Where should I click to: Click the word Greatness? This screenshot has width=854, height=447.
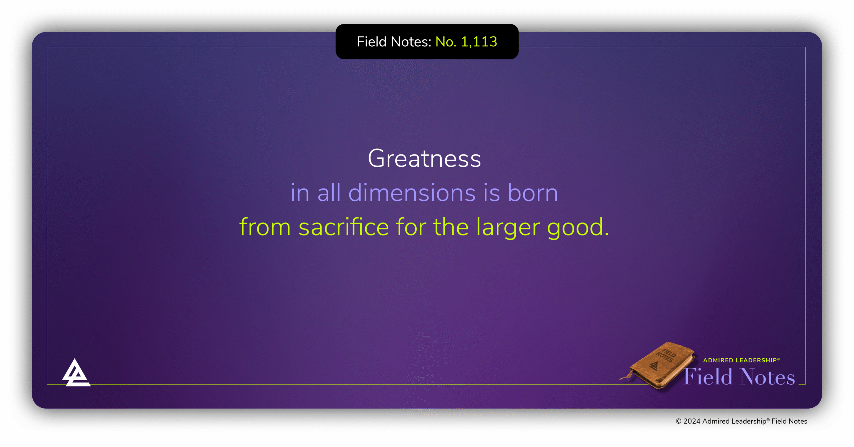pyautogui.click(x=424, y=158)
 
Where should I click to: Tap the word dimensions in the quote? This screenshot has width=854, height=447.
pyautogui.click(x=412, y=193)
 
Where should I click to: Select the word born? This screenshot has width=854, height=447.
pyautogui.click(x=533, y=193)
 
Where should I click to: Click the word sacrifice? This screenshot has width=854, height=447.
pyautogui.click(x=344, y=227)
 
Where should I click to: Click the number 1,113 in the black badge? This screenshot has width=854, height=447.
pyautogui.click(x=479, y=42)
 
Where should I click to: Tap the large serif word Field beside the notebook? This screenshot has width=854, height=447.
pyautogui.click(x=708, y=377)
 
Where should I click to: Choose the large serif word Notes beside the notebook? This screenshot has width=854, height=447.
pyautogui.click(x=767, y=377)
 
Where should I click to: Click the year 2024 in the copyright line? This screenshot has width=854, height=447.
pyautogui.click(x=692, y=421)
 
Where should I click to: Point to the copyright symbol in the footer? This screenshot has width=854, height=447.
pyautogui.click(x=679, y=421)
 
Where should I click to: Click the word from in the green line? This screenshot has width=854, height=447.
pyautogui.click(x=265, y=227)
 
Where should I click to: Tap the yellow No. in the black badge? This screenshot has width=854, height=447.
pyautogui.click(x=446, y=42)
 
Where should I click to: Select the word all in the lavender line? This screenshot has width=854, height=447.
pyautogui.click(x=329, y=192)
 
